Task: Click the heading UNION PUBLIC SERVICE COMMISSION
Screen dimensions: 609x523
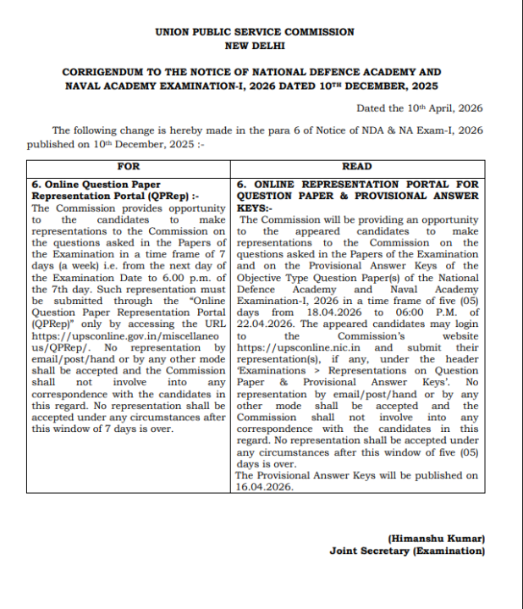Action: point(255,31)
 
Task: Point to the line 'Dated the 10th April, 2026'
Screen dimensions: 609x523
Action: point(419,108)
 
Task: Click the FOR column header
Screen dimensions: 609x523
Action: point(129,166)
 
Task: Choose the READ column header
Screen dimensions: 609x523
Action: point(356,166)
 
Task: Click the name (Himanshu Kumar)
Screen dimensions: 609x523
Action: point(437,539)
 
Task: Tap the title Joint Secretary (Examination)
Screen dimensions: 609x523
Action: point(407,551)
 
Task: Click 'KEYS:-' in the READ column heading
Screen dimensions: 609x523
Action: point(255,207)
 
